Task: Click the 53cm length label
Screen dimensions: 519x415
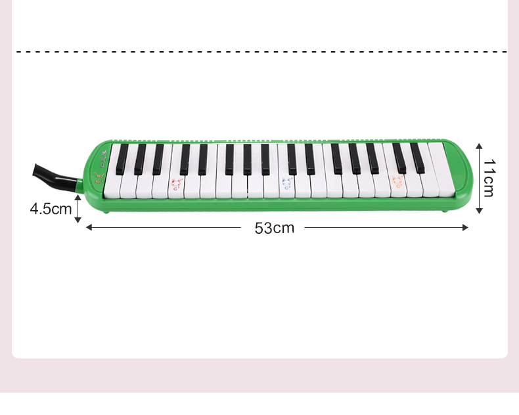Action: click(x=275, y=228)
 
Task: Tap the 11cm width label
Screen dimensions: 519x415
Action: click(x=489, y=178)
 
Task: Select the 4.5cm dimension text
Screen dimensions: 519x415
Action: click(x=51, y=209)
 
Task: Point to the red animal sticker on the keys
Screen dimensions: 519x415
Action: click(x=177, y=184)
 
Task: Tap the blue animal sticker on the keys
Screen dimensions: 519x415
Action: click(x=287, y=184)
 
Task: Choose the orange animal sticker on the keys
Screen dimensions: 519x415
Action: click(x=397, y=182)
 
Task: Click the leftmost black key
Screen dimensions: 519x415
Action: click(x=122, y=160)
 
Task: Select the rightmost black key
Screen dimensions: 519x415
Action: click(x=418, y=158)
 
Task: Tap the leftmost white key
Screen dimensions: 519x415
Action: click(x=112, y=172)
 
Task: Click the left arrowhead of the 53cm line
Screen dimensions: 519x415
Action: click(x=89, y=227)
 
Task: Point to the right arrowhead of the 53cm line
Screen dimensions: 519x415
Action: click(x=465, y=227)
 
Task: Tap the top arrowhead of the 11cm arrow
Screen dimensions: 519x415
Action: click(x=479, y=146)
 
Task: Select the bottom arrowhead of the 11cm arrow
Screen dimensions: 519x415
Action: click(x=479, y=211)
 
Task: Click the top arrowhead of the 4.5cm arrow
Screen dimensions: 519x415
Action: click(x=78, y=198)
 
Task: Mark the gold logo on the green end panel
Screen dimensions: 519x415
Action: click(x=99, y=178)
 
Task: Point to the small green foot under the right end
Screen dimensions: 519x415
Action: click(x=445, y=211)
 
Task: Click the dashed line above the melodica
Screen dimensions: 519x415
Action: click(x=261, y=52)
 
